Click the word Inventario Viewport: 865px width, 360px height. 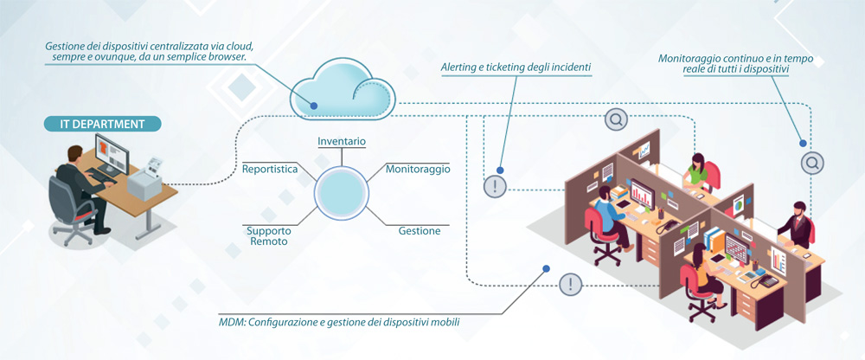[342, 141]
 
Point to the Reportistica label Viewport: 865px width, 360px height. [270, 169]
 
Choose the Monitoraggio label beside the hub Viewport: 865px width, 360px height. [418, 169]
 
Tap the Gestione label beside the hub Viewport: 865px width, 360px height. [420, 231]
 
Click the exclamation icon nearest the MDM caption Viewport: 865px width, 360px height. [570, 284]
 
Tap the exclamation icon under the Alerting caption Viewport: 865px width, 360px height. [494, 186]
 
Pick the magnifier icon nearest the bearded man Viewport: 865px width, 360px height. [811, 162]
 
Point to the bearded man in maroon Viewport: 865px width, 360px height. [800, 223]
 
